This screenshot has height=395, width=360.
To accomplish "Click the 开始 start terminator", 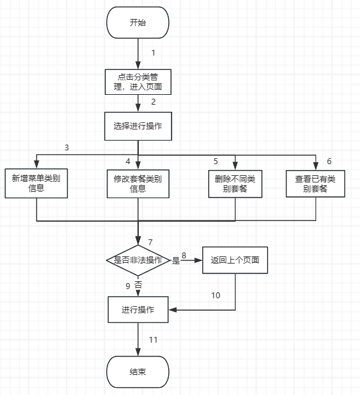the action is click(137, 23).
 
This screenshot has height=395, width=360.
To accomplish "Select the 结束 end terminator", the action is click(137, 372).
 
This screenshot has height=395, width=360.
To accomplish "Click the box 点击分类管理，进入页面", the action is click(138, 82).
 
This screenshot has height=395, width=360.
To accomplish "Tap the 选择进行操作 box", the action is click(138, 126).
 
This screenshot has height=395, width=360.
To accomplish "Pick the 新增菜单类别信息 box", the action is click(36, 183).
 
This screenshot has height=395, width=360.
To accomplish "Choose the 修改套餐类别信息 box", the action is click(138, 184).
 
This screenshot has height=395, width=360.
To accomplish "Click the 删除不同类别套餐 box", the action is click(235, 184).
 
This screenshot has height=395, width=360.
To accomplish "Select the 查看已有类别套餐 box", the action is click(315, 184).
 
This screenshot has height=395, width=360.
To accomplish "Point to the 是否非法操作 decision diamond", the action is click(138, 260).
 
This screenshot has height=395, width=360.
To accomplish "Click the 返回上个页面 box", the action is click(235, 260).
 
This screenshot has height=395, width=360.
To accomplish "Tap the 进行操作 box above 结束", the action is click(138, 309).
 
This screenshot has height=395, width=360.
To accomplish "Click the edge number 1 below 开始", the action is click(153, 53).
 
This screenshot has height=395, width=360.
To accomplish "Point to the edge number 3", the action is click(67, 147).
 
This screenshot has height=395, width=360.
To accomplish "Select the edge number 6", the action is click(329, 162).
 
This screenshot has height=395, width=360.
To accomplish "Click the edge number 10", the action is click(215, 295).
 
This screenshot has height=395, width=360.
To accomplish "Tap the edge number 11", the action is click(153, 340).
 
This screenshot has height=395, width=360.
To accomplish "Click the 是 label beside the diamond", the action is click(176, 260).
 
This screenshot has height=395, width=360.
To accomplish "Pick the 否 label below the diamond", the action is click(138, 285).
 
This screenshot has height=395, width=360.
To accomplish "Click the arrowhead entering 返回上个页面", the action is click(199, 260).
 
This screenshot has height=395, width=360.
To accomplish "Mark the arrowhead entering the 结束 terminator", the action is click(138, 352).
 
